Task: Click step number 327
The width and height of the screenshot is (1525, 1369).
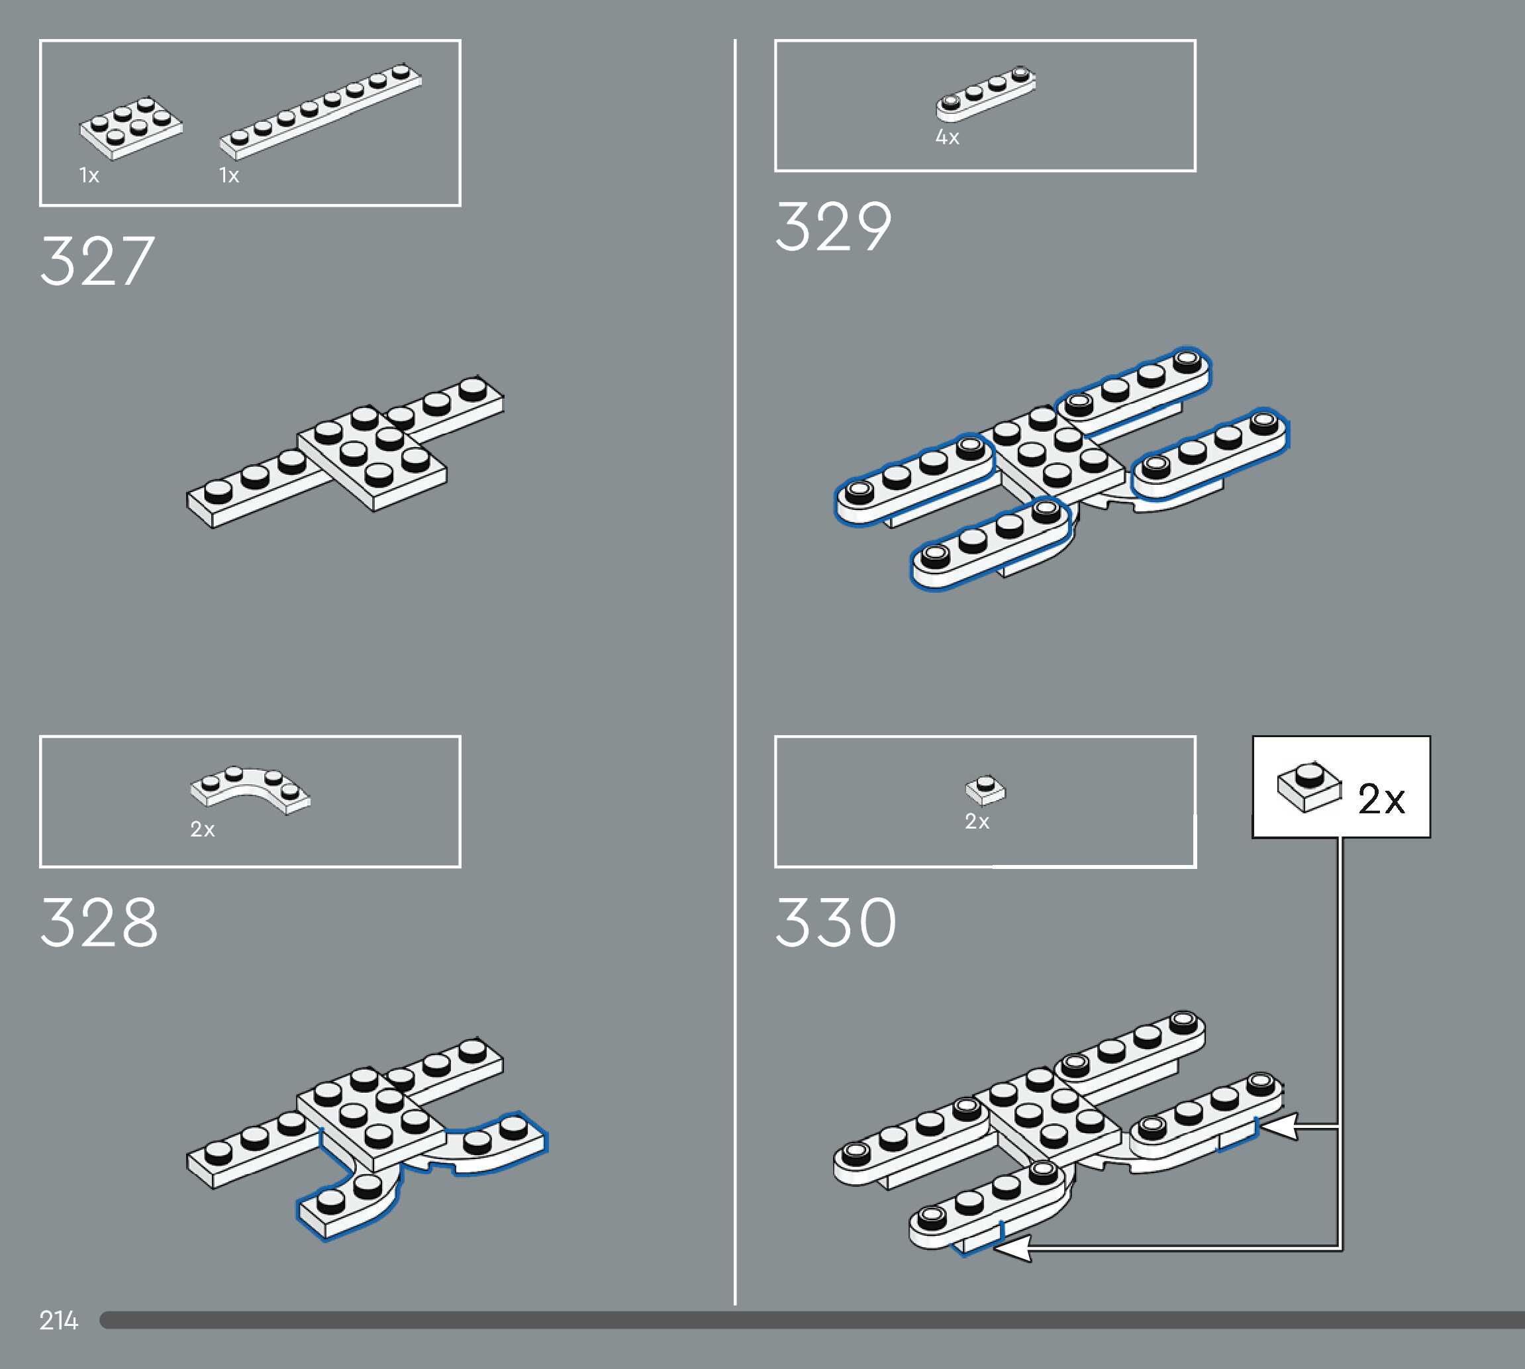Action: [98, 261]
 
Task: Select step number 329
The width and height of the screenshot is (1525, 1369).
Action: [833, 227]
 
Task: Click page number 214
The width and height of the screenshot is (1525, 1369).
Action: [59, 1320]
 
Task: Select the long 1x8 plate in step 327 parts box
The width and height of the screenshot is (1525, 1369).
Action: [320, 111]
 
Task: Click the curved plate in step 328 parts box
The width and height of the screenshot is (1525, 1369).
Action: [250, 789]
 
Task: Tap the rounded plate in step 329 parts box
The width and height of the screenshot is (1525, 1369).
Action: [985, 93]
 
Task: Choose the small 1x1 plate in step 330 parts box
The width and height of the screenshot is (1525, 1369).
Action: [985, 789]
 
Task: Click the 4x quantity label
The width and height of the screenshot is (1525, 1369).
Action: [948, 138]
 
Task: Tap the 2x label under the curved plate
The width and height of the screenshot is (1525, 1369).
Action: [202, 830]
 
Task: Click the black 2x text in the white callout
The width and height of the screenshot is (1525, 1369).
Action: [1381, 799]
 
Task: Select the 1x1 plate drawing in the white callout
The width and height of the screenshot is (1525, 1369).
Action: [1309, 786]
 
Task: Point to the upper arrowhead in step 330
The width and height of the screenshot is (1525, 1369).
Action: [1279, 1127]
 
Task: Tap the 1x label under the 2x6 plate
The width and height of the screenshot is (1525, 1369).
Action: [89, 176]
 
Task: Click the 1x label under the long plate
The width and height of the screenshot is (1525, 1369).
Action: [229, 176]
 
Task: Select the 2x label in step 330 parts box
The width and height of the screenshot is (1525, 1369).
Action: [977, 821]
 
